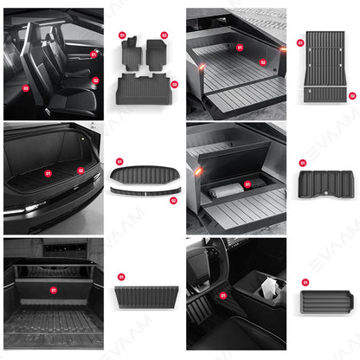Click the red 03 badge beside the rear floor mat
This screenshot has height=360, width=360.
click(173, 85)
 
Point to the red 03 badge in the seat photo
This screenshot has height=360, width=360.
click(25, 87)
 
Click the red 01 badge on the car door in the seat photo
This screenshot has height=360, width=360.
click(93, 54)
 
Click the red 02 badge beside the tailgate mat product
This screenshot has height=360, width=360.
click(352, 95)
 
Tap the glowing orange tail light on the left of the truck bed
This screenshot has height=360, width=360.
click(199, 67)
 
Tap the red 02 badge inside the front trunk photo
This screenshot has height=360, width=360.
click(80, 170)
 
